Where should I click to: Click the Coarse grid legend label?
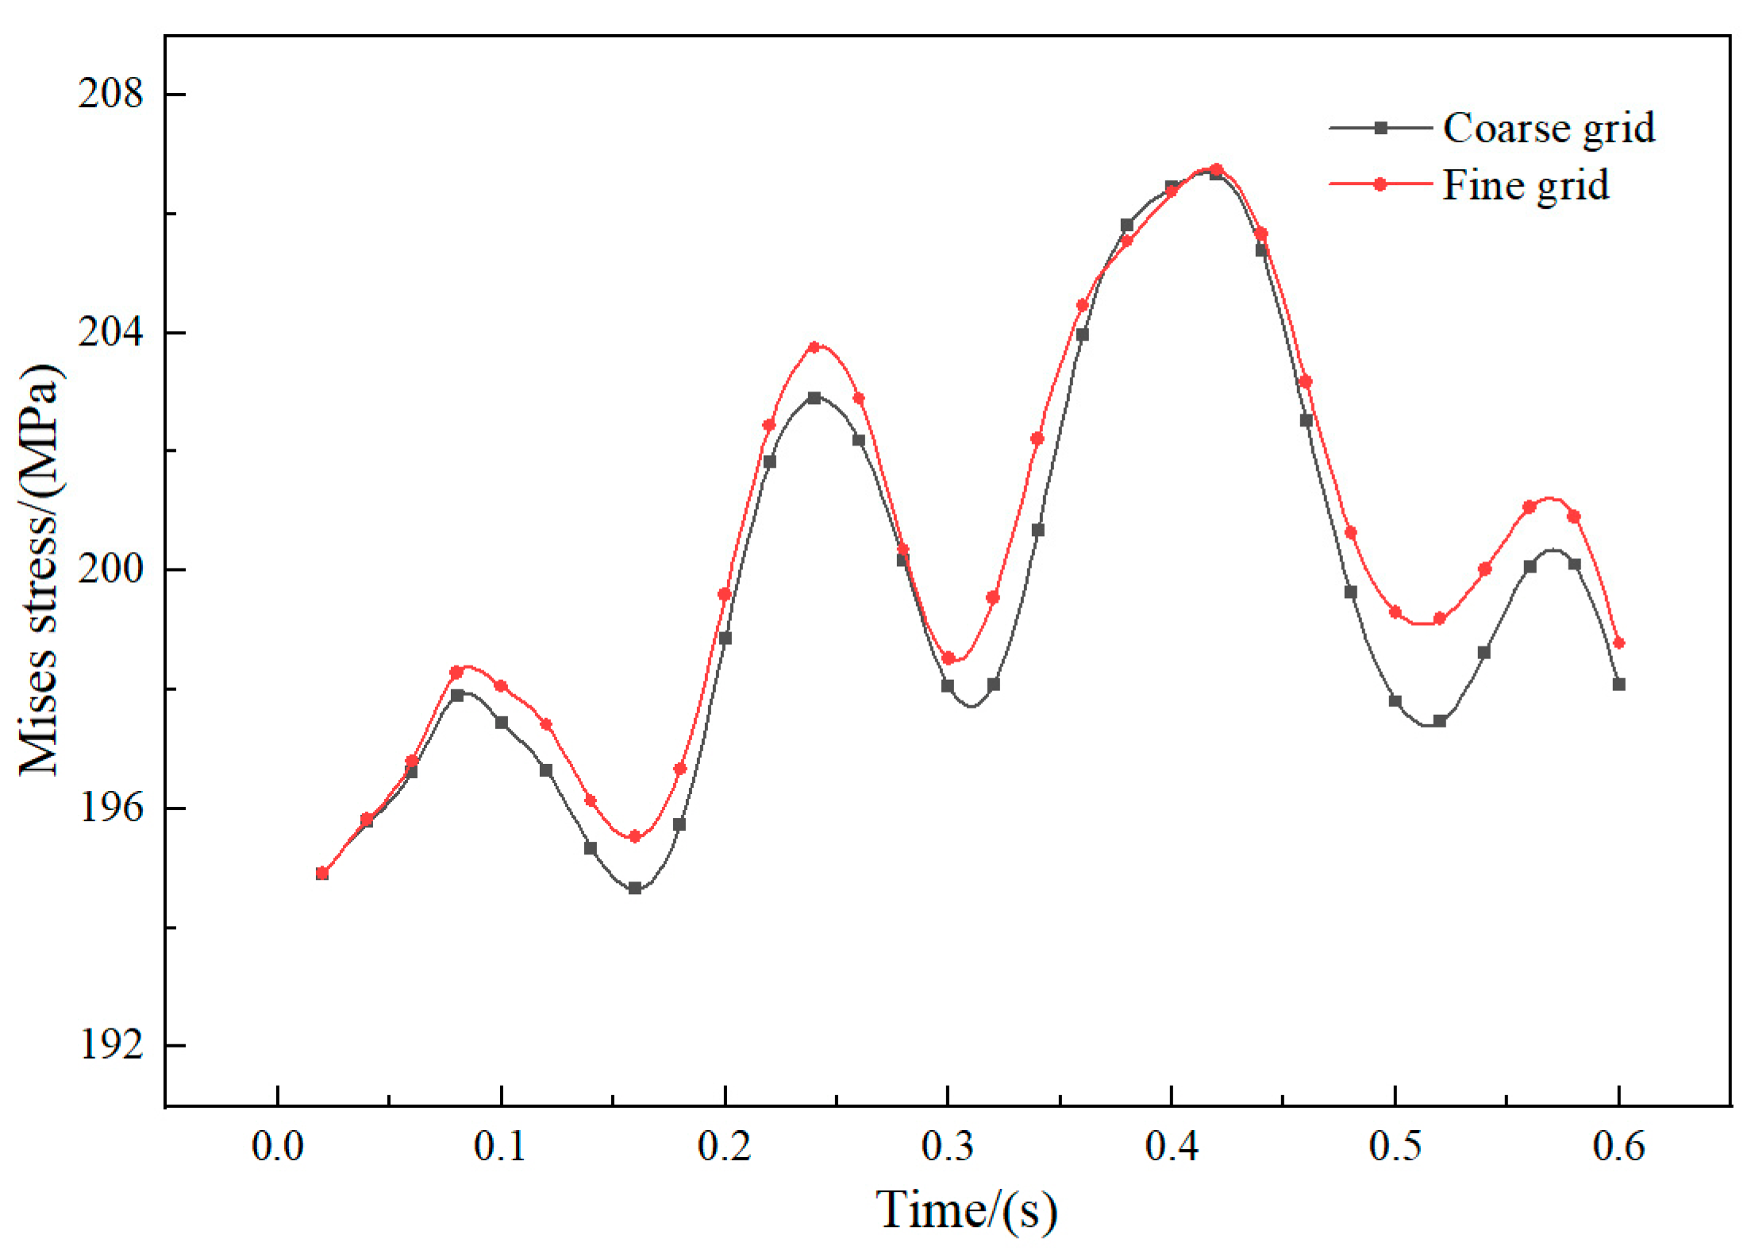click(1549, 128)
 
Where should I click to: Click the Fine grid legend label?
click(1525, 185)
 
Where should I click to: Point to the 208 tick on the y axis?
click(110, 95)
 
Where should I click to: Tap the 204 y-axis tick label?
click(110, 332)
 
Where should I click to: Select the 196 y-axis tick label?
click(110, 808)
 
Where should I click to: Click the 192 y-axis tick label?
click(110, 1045)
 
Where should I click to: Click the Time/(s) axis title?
click(966, 1210)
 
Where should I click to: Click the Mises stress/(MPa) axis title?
click(40, 569)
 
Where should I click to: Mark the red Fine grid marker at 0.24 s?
click(814, 347)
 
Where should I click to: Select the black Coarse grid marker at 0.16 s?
click(635, 888)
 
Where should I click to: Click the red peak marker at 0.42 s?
click(1216, 169)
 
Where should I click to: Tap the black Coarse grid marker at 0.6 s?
click(1619, 684)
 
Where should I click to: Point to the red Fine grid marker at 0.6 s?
click(1619, 642)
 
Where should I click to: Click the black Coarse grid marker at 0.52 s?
click(1440, 721)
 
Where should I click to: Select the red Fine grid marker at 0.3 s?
click(948, 658)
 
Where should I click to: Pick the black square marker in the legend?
click(1380, 128)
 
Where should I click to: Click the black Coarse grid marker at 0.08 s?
click(457, 695)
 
